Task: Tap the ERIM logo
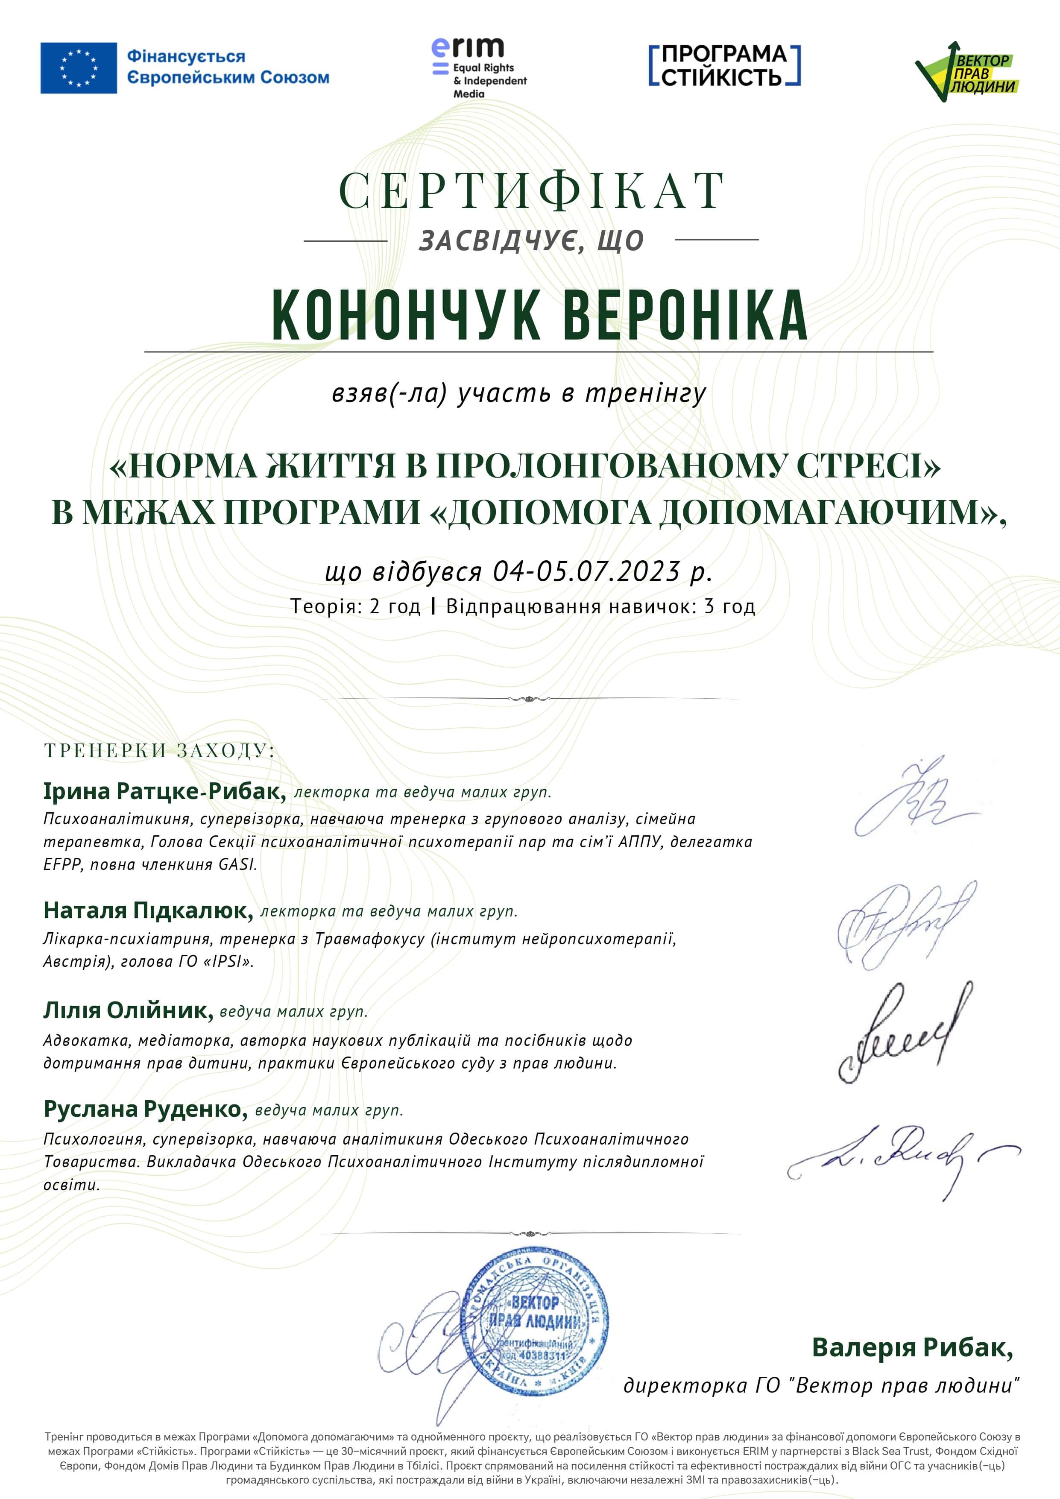[x=478, y=67]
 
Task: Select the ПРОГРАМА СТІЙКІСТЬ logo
[x=724, y=65]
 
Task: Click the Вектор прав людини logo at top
[x=966, y=71]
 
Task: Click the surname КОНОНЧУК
[x=405, y=315]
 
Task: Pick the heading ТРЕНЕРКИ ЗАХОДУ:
[x=160, y=750]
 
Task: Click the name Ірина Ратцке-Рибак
[x=164, y=791]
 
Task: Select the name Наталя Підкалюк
[x=148, y=910]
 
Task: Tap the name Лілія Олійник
[x=128, y=1010]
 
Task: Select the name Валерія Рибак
[x=912, y=1347]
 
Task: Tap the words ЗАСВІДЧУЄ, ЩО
[x=531, y=241]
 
